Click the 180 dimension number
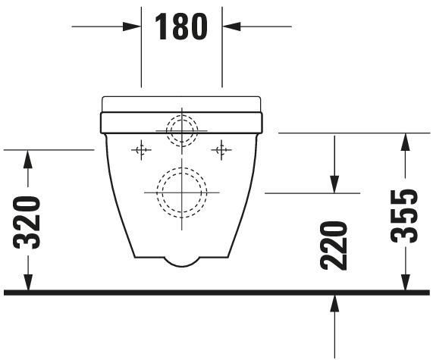coord(181,27)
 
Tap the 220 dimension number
coord(334,245)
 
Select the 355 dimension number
coord(404,215)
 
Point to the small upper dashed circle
coord(182,130)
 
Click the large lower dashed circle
coord(182,192)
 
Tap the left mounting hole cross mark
coord(140,150)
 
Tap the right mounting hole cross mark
coord(221,150)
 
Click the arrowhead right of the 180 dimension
coord(230,27)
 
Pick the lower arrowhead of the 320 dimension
coord(28,282)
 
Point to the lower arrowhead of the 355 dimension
coord(405,282)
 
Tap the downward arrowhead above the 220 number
coord(334,185)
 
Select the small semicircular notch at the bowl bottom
coord(182,261)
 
